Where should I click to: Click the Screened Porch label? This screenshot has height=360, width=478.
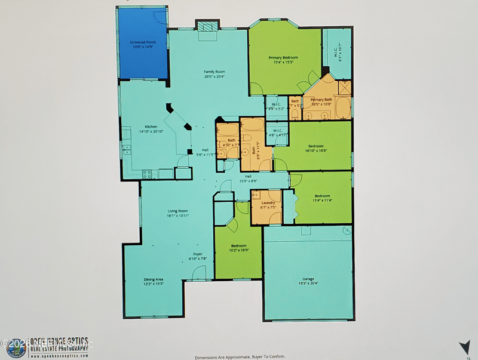point(143,42)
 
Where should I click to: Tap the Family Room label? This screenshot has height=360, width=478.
point(214,72)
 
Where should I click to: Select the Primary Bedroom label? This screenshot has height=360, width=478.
point(283,57)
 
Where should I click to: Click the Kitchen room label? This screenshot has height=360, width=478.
point(151,127)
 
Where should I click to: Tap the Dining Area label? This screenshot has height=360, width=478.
point(154,279)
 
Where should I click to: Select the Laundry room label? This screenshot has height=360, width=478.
point(268,203)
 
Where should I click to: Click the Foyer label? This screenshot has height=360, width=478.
point(197,254)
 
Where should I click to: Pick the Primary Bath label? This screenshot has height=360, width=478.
point(321,100)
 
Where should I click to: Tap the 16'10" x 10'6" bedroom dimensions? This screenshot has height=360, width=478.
point(315,150)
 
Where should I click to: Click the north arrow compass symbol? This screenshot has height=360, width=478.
point(463,347)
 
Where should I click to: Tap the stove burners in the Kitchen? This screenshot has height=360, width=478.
point(147,174)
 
